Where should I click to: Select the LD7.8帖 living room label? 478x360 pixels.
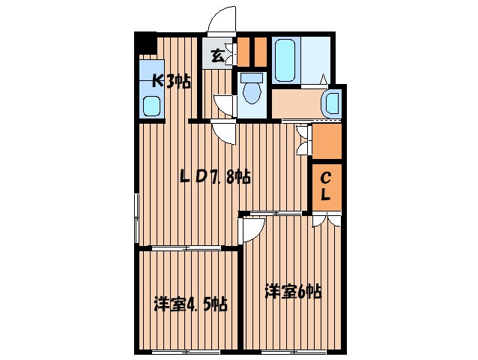coord(214,178)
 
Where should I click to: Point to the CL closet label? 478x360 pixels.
coord(327,187)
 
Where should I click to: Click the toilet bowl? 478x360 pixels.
coord(252,91)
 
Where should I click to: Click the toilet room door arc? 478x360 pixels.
coord(224,104)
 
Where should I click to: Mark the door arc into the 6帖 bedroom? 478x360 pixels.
coord(252,227)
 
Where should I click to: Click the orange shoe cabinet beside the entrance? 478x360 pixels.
coord(252,51)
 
